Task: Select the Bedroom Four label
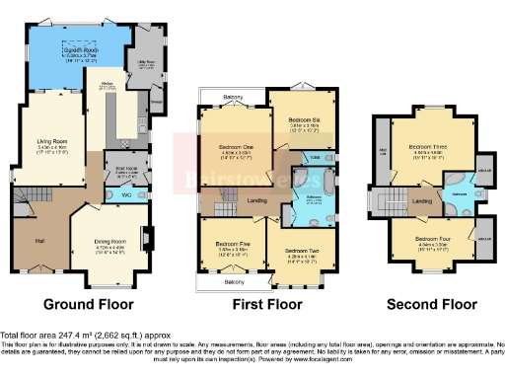pos(431,239)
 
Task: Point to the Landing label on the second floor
pos(421,201)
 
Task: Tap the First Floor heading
pos(266,304)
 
